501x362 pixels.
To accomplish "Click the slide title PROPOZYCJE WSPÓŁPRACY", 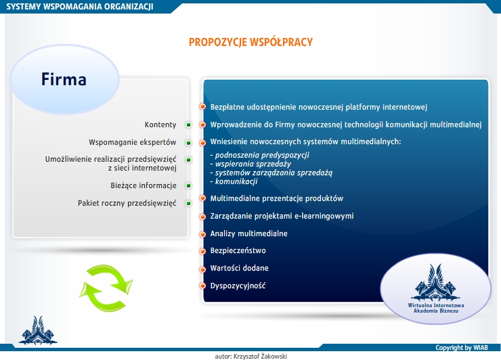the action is click(250, 42).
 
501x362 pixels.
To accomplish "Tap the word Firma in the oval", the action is click(64, 79).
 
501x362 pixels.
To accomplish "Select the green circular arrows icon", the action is click(106, 288).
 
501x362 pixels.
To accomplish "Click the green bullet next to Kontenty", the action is click(188, 125).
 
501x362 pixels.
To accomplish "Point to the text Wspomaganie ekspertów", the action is click(132, 142).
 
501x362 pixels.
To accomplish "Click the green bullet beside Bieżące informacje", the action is click(188, 185).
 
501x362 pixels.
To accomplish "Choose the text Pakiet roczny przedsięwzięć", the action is click(127, 204).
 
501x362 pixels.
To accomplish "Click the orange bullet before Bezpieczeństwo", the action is click(202, 251).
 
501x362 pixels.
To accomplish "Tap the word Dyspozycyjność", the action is click(238, 286).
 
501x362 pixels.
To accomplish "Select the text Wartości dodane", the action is click(239, 268).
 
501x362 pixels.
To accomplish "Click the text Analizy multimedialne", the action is click(248, 233).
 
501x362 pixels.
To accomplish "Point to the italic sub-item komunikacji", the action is click(236, 181).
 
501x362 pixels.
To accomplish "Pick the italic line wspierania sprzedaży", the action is click(253, 164).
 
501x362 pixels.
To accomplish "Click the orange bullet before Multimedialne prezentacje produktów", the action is click(202, 198).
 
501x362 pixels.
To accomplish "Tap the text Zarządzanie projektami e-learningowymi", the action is click(282, 216).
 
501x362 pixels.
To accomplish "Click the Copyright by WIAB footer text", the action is click(461, 348).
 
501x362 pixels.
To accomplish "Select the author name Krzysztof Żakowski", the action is click(260, 357).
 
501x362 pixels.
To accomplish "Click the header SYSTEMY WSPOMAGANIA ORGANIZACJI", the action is click(80, 6).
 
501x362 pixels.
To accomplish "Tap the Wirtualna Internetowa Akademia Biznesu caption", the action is click(436, 308).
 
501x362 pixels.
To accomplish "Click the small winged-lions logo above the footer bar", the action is click(38, 330).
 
